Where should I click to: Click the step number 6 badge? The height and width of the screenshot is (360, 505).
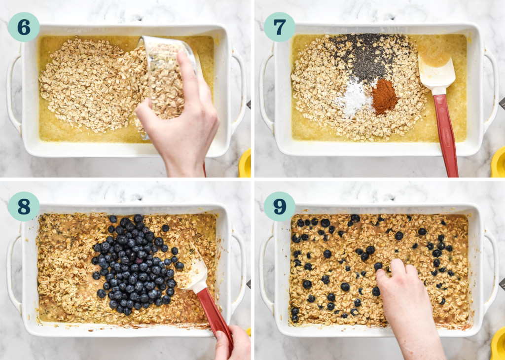24,27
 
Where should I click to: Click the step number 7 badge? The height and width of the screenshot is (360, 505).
279,27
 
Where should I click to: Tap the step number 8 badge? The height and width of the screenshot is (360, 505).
24,206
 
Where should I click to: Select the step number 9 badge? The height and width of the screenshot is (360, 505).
279,206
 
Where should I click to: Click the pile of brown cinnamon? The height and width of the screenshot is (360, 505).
384,96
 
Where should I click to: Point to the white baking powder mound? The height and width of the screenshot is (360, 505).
354,99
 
